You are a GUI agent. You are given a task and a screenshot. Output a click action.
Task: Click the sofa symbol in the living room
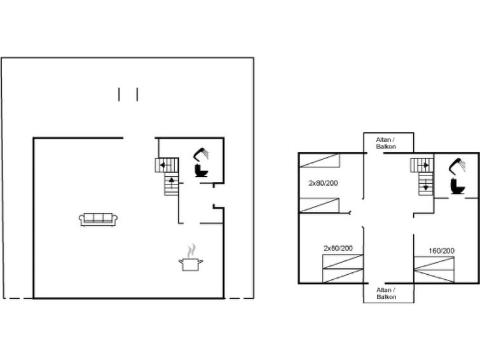point(98,219)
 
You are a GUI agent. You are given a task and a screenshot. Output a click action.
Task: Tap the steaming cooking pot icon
point(191,258)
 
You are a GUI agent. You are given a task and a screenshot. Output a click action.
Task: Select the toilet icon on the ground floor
point(202,170)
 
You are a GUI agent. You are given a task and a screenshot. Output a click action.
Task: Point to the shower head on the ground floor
point(201,154)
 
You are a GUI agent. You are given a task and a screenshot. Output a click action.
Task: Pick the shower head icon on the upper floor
point(457,165)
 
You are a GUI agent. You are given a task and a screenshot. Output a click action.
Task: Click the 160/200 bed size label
point(441,251)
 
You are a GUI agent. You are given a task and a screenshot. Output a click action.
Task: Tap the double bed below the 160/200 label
point(434,270)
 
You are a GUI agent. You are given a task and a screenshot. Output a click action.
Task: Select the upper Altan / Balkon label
point(386,143)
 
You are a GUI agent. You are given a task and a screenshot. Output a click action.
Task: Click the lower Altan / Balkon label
point(387,293)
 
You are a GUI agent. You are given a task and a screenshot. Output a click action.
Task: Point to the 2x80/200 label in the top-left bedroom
point(323,183)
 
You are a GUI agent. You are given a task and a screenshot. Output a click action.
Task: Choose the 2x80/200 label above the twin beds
point(338,248)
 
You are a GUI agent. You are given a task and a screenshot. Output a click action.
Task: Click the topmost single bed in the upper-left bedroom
point(320,160)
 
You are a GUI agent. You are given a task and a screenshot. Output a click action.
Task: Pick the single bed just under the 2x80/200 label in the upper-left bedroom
point(319,205)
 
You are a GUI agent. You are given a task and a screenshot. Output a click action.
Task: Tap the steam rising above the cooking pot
point(191,251)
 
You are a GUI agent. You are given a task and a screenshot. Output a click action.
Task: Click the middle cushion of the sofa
point(99,218)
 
